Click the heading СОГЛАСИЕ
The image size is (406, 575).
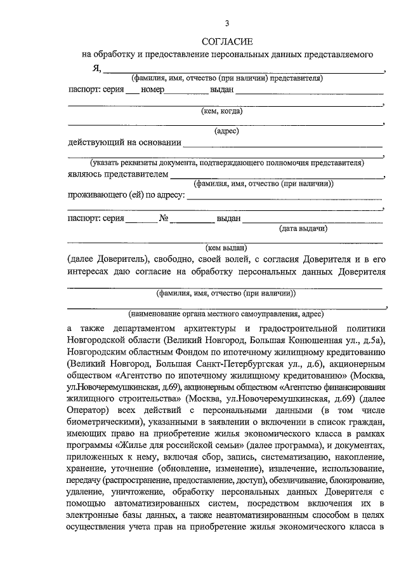[226, 41]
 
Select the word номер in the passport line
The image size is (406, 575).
[153, 90]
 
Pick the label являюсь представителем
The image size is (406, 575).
[118, 173]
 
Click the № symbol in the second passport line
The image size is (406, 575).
[163, 218]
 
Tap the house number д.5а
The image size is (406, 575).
[374, 341]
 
